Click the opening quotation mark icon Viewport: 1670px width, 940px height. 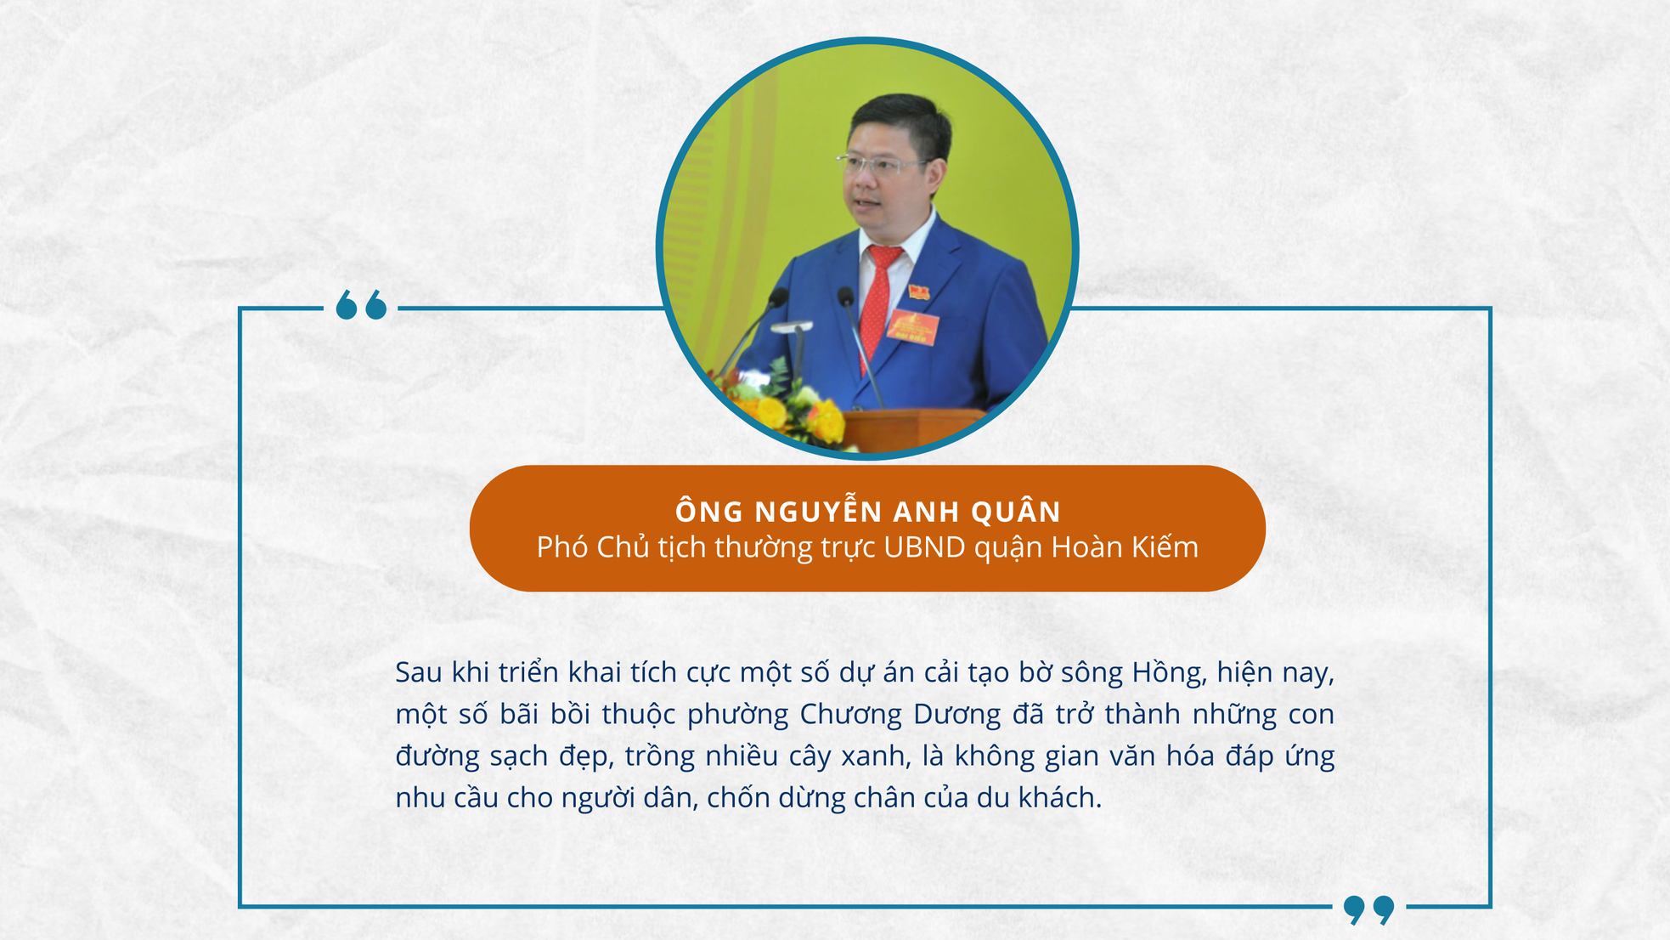pos(361,305)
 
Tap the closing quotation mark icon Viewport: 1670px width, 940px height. pos(1368,909)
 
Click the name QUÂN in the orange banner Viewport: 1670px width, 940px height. pos(1015,512)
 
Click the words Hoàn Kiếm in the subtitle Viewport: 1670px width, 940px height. pos(1125,547)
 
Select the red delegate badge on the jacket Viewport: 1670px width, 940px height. pos(912,327)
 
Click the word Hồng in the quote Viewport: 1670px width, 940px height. pos(1169,673)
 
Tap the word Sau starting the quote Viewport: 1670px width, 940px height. pos(419,673)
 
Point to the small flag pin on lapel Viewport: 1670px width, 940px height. pos(918,293)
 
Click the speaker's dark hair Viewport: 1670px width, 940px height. pos(900,119)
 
